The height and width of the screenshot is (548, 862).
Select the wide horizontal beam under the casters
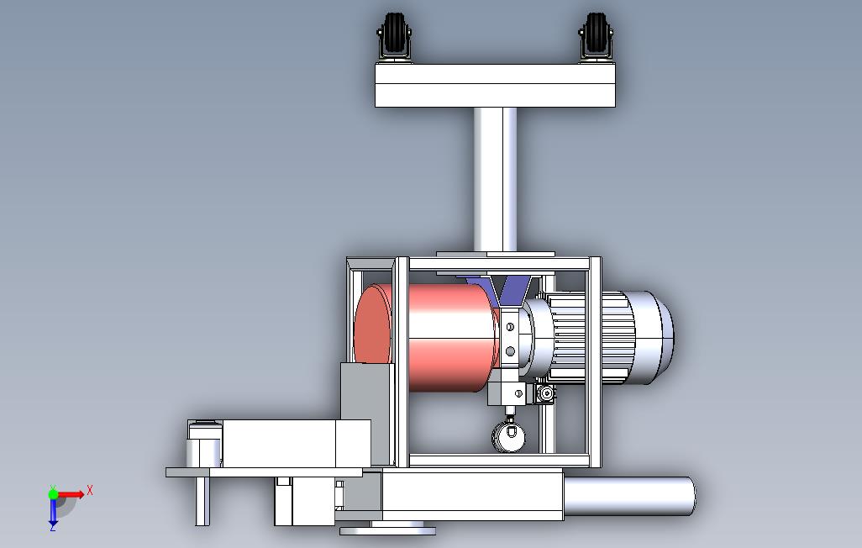495,85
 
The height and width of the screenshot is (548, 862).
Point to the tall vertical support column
496,179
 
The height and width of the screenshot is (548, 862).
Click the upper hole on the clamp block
510,327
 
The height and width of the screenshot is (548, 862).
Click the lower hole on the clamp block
510,351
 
